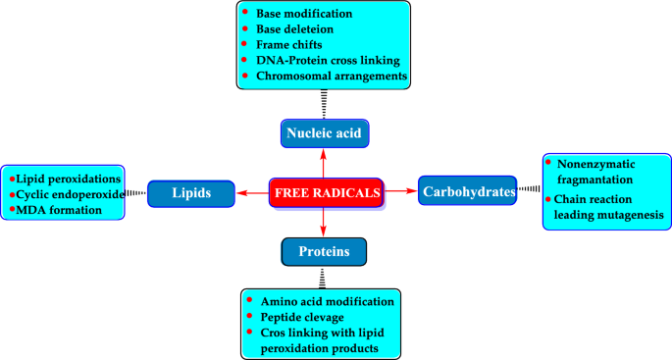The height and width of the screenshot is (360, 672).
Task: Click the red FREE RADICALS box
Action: tap(326, 193)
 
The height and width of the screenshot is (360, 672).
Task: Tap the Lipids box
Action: tap(191, 194)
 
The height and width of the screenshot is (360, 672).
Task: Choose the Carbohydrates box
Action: tap(468, 192)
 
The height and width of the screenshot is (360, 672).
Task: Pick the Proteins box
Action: tap(324, 253)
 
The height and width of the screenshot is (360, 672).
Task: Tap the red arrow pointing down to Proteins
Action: tap(325, 224)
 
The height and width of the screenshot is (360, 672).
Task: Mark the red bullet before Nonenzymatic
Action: tap(549, 161)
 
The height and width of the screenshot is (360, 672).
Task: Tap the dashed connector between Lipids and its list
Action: tap(136, 194)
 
